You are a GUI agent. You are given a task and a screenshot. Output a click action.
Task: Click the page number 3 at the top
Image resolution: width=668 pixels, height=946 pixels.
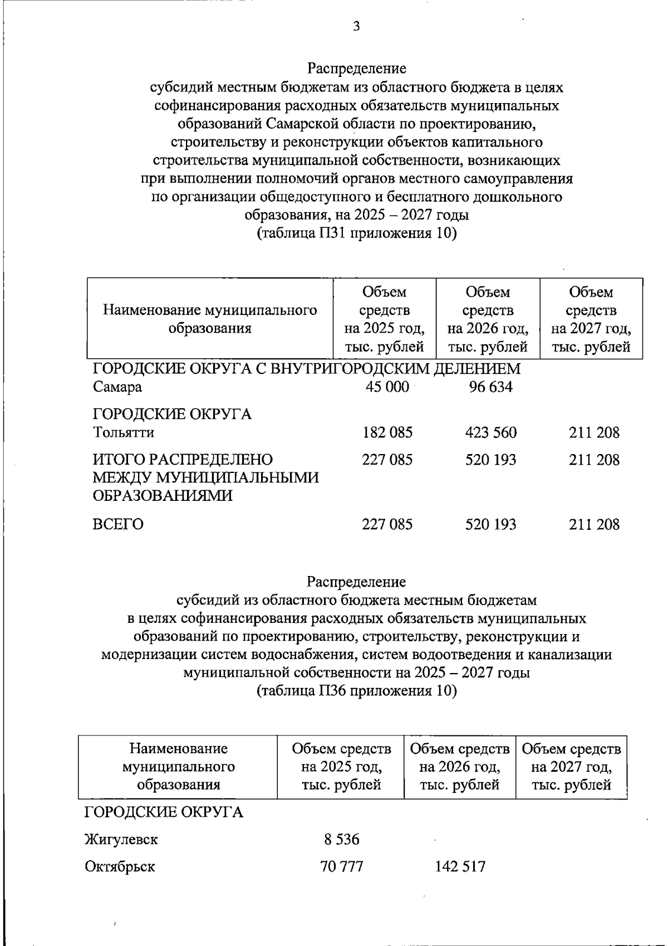(356, 26)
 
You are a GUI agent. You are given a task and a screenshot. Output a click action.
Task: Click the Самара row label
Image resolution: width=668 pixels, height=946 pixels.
(117, 387)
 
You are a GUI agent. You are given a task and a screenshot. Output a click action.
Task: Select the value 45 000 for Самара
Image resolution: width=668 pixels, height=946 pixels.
(387, 387)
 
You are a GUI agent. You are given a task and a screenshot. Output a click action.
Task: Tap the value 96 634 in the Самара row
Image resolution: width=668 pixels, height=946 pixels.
(490, 387)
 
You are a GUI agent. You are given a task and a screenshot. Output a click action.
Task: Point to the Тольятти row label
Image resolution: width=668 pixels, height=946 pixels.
(124, 432)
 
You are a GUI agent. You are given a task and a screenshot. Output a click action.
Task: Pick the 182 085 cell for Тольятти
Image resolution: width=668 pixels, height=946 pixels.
(387, 432)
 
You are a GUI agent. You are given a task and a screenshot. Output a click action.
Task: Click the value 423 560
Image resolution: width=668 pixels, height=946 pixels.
(490, 432)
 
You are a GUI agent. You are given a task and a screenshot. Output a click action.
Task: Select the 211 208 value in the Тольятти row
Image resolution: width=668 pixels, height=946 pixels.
(594, 432)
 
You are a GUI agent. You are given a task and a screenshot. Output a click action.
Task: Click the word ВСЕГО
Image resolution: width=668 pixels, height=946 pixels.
(118, 524)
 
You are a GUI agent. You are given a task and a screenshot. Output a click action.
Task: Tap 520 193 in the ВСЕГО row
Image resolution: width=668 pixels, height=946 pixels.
(490, 524)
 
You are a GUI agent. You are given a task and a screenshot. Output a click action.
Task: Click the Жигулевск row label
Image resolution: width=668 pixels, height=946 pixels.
(121, 839)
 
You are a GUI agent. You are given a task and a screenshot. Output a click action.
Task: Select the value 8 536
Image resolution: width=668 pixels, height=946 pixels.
(342, 839)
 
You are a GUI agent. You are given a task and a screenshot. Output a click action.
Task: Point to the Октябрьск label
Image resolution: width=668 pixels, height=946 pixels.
(120, 867)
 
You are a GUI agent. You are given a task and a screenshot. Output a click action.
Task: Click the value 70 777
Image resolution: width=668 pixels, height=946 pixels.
(342, 867)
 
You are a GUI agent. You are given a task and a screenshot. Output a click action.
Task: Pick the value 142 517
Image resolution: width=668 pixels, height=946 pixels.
(460, 867)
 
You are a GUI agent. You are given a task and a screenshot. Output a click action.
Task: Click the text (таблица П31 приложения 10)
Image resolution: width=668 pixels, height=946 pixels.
(356, 233)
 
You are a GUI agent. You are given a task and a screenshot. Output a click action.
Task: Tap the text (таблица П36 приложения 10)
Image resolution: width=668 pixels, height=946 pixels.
(356, 691)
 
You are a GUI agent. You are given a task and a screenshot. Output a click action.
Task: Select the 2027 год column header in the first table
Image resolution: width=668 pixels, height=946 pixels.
(591, 319)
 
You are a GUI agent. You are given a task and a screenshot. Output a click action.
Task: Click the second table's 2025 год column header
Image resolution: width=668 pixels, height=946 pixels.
(341, 767)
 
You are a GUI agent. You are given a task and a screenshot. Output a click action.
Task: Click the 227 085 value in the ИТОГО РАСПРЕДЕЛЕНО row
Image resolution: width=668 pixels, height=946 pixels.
(387, 460)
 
